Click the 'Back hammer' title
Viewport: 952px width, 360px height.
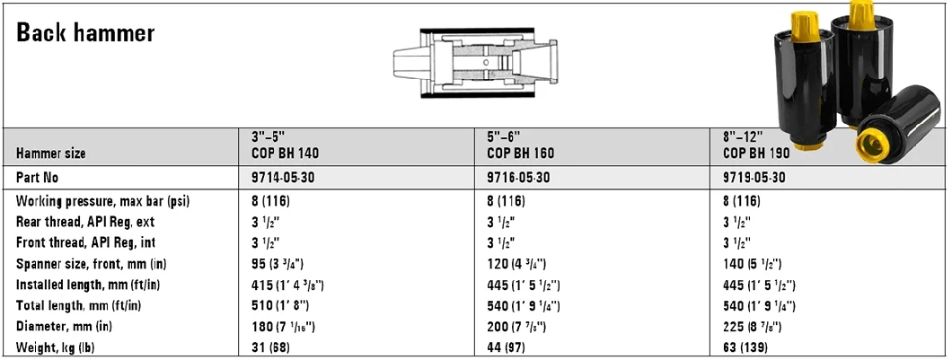tap(85, 33)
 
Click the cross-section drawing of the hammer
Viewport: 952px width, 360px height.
tap(475, 63)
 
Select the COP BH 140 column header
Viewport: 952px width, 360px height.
tap(285, 153)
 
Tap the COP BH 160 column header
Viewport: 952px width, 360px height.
tap(520, 153)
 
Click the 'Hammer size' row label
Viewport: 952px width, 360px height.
tap(51, 154)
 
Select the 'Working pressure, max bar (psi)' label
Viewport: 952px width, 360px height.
tap(102, 202)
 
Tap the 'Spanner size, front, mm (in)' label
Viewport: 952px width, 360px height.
tap(91, 264)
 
